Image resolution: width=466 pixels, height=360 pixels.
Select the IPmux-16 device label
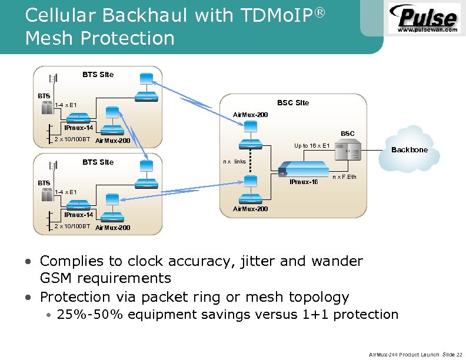304,182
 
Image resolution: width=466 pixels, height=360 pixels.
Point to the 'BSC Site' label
293,103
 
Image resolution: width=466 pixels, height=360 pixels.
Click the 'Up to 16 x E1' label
312,145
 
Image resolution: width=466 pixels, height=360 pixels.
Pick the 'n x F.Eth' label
344,176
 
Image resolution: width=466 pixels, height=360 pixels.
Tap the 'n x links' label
234,161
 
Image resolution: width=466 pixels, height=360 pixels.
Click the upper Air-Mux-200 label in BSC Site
251,114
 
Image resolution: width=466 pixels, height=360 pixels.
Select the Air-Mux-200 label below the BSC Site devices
251,209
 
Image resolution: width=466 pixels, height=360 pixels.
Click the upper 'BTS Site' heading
98,75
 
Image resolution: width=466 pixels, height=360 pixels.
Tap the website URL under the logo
428,29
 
